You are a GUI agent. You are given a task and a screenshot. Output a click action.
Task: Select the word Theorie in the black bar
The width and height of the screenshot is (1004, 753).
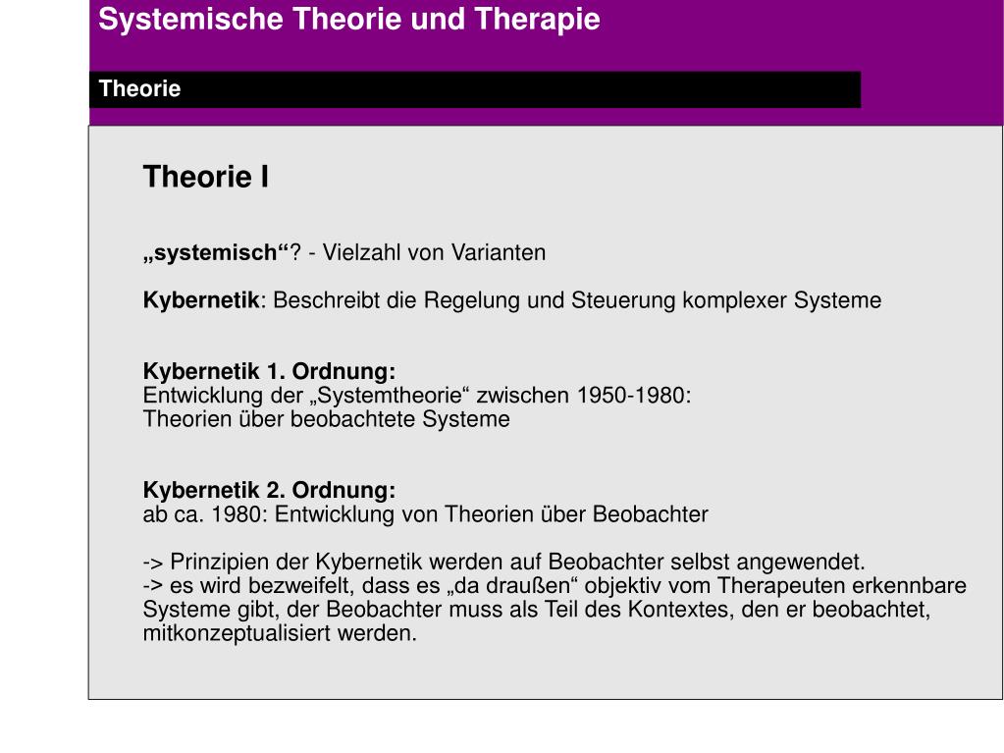pos(139,89)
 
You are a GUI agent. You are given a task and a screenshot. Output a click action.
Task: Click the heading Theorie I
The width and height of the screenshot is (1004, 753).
pos(206,177)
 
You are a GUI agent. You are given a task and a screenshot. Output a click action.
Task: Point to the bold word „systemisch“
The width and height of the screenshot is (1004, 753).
pos(216,252)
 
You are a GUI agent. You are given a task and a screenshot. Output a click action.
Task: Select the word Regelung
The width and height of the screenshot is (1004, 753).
pos(465,300)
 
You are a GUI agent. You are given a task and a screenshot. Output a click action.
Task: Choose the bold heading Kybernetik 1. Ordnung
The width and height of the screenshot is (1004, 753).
pos(269,372)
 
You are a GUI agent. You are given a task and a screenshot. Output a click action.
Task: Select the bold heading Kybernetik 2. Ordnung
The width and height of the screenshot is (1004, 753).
pos(269,490)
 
